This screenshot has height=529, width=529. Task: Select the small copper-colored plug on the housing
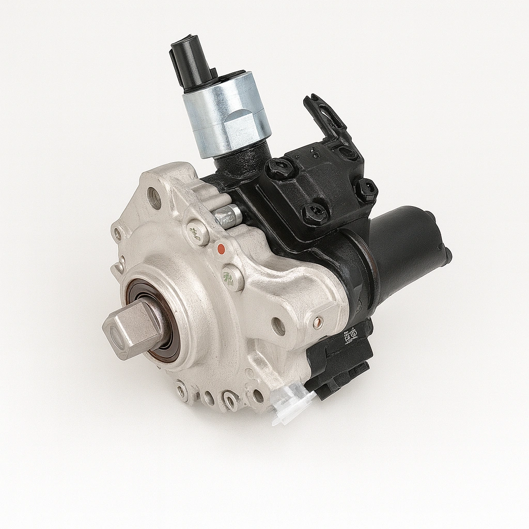317,321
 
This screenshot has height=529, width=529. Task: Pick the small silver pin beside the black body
228,214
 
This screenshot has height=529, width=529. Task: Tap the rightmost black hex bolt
366,190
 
